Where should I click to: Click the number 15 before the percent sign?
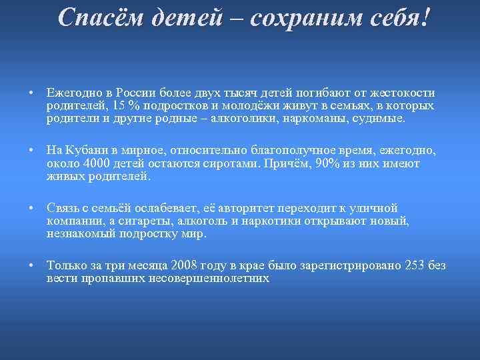pos(118,107)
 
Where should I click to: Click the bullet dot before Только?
pos(31,266)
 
